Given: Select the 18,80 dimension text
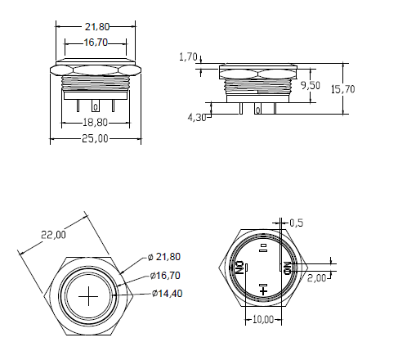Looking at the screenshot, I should (95, 121).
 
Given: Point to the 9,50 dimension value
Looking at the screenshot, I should (310, 84).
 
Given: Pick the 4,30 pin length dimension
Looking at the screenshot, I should (198, 117).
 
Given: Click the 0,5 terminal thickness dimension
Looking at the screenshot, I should (296, 223).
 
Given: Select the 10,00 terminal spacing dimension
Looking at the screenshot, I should (263, 320).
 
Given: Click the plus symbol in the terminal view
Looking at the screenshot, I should (263, 290).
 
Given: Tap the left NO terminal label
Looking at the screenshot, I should (240, 267).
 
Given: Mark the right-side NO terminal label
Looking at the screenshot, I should (286, 268).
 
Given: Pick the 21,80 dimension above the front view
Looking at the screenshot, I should (95, 25).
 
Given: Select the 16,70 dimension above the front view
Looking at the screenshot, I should (95, 42).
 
